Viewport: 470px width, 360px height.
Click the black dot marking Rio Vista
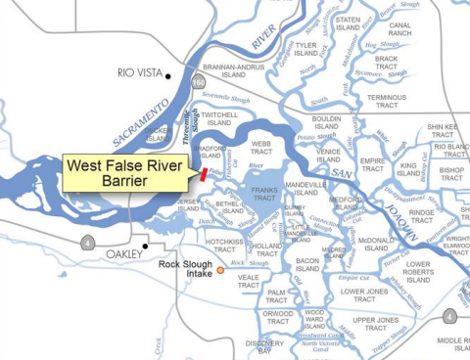168,75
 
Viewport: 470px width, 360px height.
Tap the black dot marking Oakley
146,245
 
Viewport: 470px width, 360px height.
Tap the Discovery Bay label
262,346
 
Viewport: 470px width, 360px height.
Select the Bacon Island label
307,265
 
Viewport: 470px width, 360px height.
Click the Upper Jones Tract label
374,325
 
